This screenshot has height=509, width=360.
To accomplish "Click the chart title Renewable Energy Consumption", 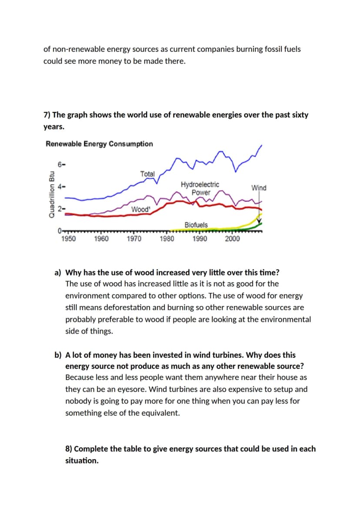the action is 99,144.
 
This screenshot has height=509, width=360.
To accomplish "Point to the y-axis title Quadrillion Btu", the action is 51,194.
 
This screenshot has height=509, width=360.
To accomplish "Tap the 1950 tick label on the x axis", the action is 69,239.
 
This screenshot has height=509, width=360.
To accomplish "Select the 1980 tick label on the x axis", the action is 167,239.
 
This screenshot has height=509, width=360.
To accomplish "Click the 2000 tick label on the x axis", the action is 233,239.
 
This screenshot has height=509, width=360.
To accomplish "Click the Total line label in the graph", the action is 147,174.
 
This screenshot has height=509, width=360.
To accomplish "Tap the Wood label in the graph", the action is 141,210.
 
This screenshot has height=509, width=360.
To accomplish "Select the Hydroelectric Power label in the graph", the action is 200,189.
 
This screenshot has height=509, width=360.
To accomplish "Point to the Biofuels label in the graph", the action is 196,225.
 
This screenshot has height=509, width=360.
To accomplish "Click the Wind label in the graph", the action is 259,188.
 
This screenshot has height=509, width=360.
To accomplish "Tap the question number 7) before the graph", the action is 47,115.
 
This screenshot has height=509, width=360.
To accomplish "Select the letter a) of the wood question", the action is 58,273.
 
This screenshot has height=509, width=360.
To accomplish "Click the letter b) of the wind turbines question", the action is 58,355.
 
